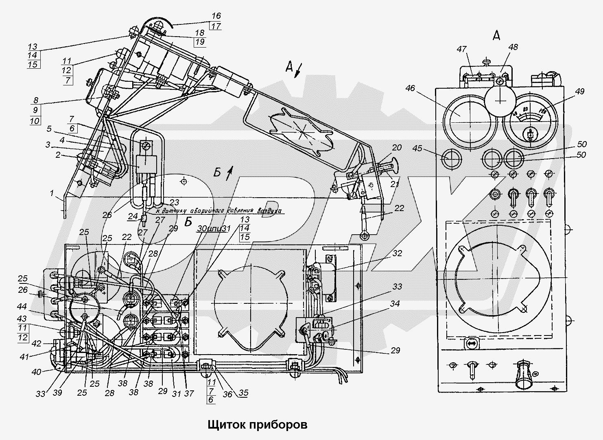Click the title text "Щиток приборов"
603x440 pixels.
(x=257, y=425)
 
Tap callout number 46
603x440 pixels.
(x=410, y=88)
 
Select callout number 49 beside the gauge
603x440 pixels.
(x=580, y=91)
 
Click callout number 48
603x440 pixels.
(x=513, y=47)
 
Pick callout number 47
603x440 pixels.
(x=461, y=49)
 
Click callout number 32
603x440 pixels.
(x=397, y=253)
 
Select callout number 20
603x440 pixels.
(x=397, y=148)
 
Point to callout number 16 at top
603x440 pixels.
(x=216, y=16)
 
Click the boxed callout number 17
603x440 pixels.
(x=216, y=26)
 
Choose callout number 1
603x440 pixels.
(x=52, y=194)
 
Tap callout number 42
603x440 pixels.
(x=37, y=343)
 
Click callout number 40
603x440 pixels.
(x=37, y=371)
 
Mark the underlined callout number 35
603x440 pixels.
(x=243, y=393)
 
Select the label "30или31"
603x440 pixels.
(x=213, y=229)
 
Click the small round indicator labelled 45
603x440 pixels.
(x=451, y=159)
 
